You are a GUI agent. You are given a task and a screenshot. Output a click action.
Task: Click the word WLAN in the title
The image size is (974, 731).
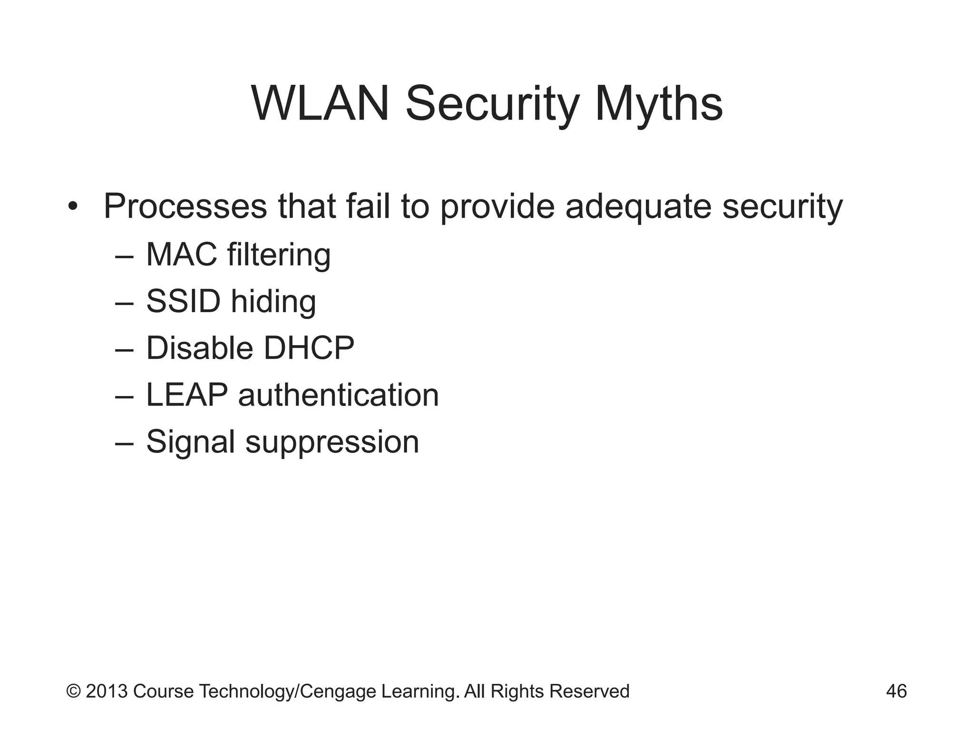(320, 104)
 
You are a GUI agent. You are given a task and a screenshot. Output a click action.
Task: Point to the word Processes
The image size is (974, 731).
(185, 207)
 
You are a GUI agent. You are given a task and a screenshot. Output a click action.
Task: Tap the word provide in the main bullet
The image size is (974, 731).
(497, 207)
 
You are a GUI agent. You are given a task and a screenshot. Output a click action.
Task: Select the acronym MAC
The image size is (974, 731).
(182, 254)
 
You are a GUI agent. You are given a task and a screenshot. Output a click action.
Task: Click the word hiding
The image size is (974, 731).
(273, 302)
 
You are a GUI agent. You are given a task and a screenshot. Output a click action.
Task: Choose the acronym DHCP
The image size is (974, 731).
(309, 348)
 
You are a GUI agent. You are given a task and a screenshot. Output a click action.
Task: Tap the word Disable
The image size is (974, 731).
(199, 348)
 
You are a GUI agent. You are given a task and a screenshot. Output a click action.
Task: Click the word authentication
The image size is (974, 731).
(338, 395)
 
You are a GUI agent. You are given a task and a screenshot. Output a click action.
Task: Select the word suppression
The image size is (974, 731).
(332, 443)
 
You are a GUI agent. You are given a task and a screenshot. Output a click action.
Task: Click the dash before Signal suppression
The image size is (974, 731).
(124, 442)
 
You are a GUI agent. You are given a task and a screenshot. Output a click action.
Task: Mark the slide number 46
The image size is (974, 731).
(896, 691)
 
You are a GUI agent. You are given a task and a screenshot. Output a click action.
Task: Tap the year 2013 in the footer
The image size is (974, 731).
(107, 691)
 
